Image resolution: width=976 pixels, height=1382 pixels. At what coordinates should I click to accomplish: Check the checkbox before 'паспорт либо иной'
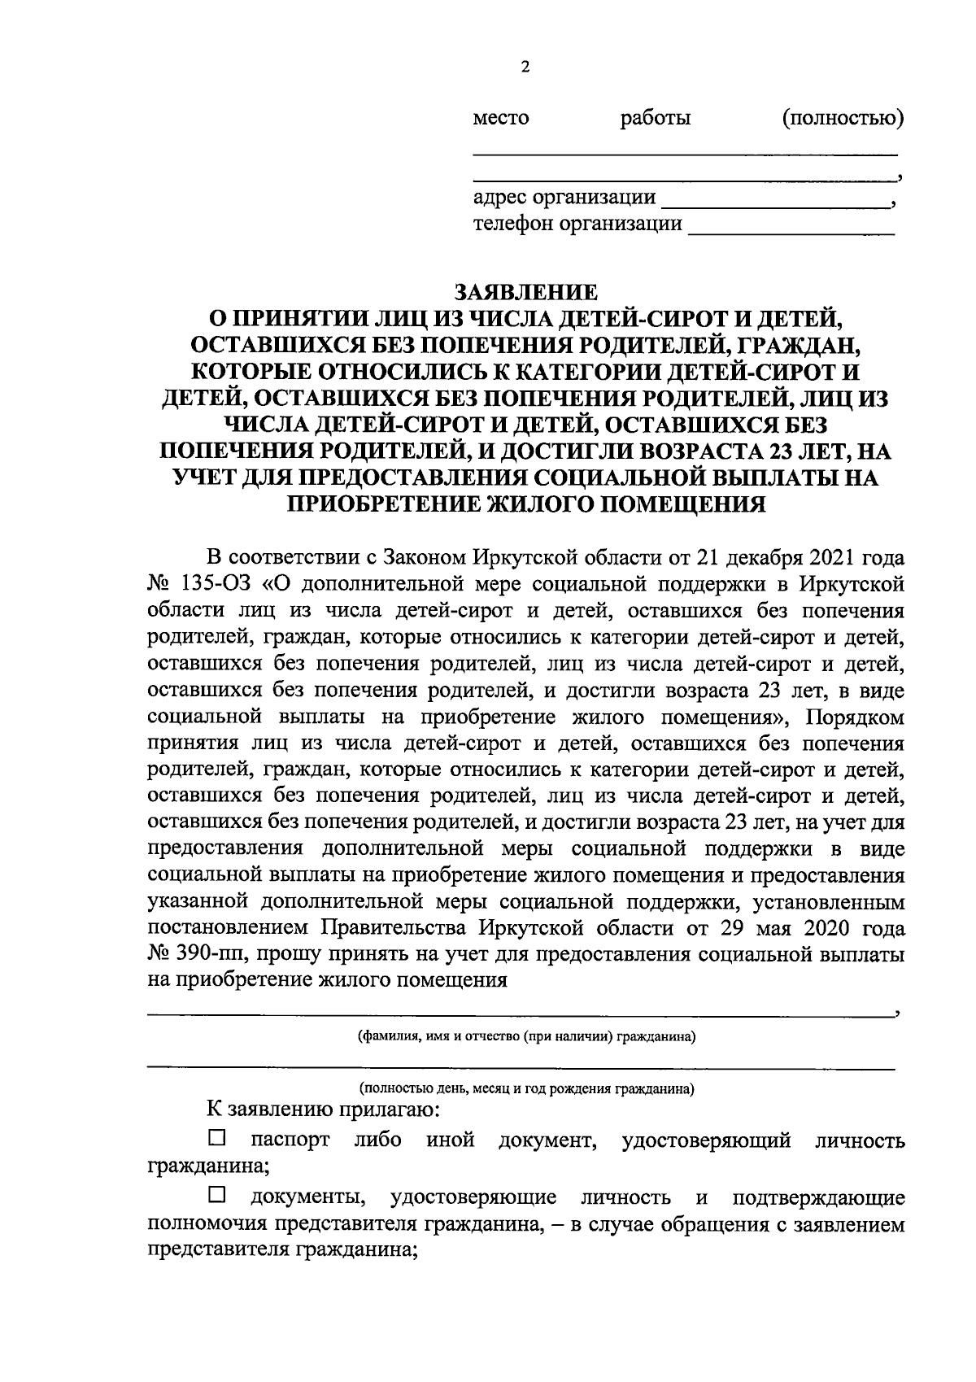(x=217, y=1137)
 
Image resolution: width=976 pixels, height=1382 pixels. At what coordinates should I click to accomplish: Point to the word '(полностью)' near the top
(x=843, y=119)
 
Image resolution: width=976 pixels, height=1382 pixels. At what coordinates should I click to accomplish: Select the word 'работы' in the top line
(x=656, y=119)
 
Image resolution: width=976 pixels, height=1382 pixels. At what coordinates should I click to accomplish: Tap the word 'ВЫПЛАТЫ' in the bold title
(x=771, y=478)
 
